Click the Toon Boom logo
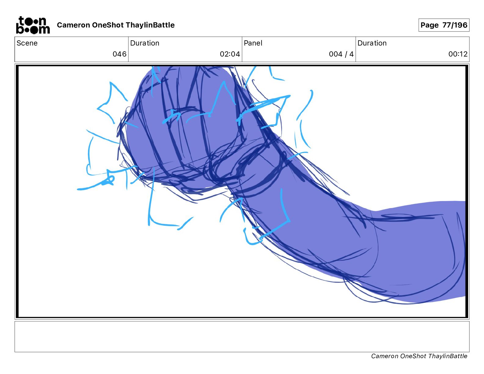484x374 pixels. pyautogui.click(x=33, y=25)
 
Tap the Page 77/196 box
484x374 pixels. pyautogui.click(x=444, y=25)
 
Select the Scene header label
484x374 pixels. pyautogui.click(x=27, y=43)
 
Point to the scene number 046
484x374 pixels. pyautogui.click(x=119, y=54)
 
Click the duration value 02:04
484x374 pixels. pyautogui.click(x=230, y=54)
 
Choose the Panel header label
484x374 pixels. pyautogui.click(x=253, y=43)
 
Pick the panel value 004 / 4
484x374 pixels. pyautogui.click(x=341, y=54)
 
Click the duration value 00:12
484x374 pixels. pyautogui.click(x=458, y=54)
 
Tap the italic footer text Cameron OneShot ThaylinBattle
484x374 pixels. pyautogui.click(x=419, y=356)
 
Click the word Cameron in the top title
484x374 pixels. pyautogui.click(x=73, y=25)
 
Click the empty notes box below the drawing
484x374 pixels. pyautogui.click(x=242, y=336)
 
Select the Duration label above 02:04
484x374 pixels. pyautogui.click(x=145, y=43)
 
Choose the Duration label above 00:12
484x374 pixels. pyautogui.click(x=372, y=43)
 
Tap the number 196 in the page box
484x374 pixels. pyautogui.click(x=460, y=25)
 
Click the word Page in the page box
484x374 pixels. pyautogui.click(x=429, y=25)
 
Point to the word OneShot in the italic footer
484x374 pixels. pyautogui.click(x=413, y=356)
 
